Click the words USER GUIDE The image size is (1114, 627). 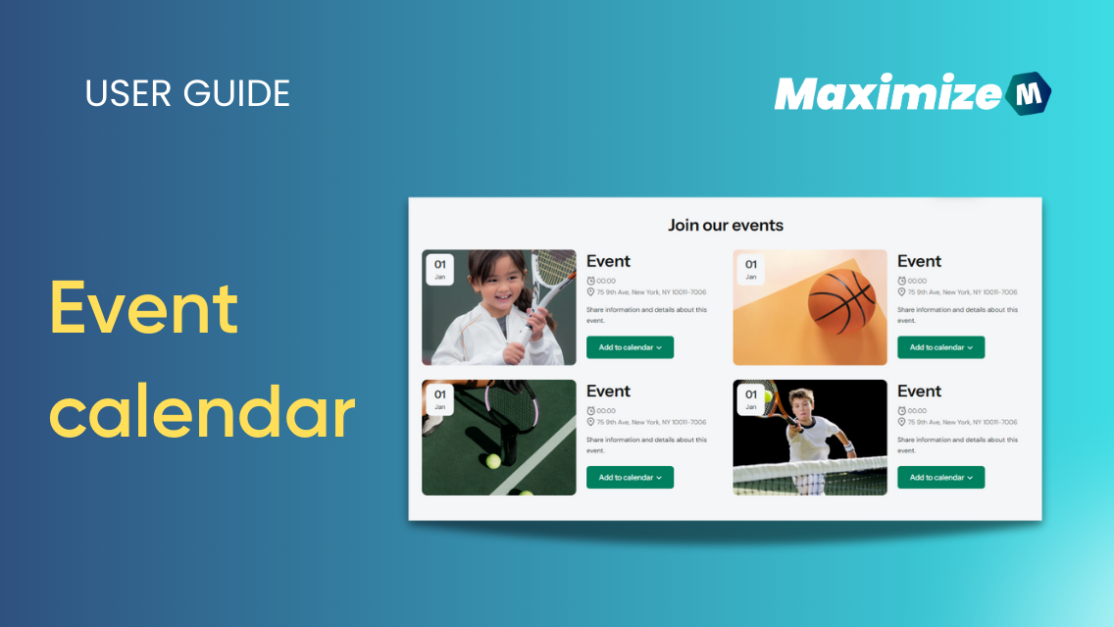[x=187, y=93]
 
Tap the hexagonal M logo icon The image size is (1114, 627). [x=1028, y=94]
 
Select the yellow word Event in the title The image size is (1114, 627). [x=144, y=306]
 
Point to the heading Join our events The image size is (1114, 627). [x=726, y=225]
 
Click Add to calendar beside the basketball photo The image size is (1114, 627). [x=940, y=347]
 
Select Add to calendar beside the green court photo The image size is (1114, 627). [x=630, y=478]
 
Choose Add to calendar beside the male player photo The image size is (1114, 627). [x=940, y=478]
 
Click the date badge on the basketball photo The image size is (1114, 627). [x=750, y=269]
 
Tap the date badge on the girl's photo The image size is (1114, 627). [x=439, y=269]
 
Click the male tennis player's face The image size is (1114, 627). [x=803, y=406]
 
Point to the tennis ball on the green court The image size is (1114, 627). [x=492, y=460]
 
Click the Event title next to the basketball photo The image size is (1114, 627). [x=919, y=261]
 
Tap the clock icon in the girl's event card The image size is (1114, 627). [x=590, y=281]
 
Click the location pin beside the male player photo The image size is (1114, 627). [x=901, y=422]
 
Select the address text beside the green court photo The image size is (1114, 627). [x=651, y=422]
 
